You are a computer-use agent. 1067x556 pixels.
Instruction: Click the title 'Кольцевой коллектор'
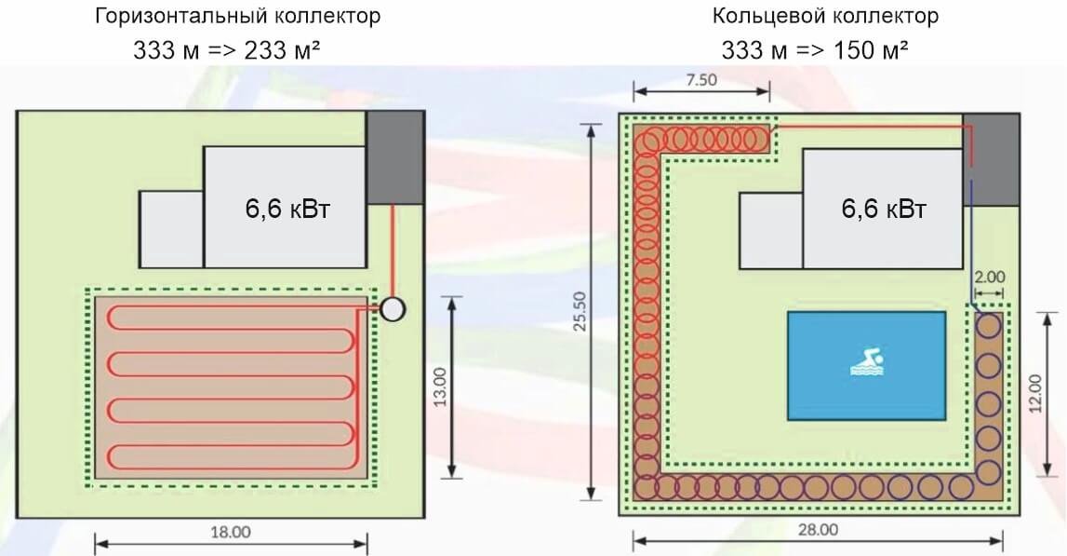826,17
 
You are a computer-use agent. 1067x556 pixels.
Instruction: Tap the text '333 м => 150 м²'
815,50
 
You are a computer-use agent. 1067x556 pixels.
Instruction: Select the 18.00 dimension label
232,533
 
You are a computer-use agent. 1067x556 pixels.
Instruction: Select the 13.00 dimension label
440,386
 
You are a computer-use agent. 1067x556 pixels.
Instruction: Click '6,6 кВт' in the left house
287,210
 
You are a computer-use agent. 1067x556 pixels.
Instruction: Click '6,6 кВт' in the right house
884,210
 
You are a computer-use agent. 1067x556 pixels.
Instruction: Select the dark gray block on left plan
394,157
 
